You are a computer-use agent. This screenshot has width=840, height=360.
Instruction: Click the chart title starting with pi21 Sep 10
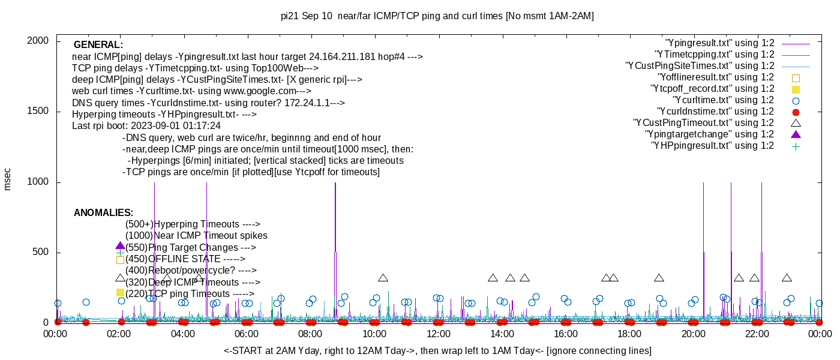click(437, 16)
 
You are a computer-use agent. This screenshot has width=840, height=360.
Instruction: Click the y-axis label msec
click(8, 179)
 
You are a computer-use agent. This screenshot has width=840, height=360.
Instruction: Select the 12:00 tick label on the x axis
click(438, 334)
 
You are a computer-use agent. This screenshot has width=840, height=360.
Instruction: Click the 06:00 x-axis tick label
click(247, 334)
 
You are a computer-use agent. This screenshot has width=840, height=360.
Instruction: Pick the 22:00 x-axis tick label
click(757, 334)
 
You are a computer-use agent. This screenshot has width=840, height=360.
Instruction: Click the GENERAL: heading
click(98, 45)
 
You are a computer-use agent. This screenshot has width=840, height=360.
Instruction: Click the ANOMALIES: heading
click(103, 213)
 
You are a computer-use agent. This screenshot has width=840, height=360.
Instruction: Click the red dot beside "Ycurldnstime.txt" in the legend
click(796, 112)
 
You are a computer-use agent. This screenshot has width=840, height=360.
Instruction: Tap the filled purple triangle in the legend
click(796, 134)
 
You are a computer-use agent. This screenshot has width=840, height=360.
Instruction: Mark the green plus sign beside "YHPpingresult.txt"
click(796, 146)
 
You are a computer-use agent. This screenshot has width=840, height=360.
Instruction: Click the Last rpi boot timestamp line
click(146, 126)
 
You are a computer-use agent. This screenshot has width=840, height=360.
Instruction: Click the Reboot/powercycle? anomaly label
click(191, 271)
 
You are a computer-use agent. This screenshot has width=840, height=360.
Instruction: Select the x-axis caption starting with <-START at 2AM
click(437, 350)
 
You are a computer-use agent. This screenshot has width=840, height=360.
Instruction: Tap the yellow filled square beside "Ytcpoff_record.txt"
click(796, 89)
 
